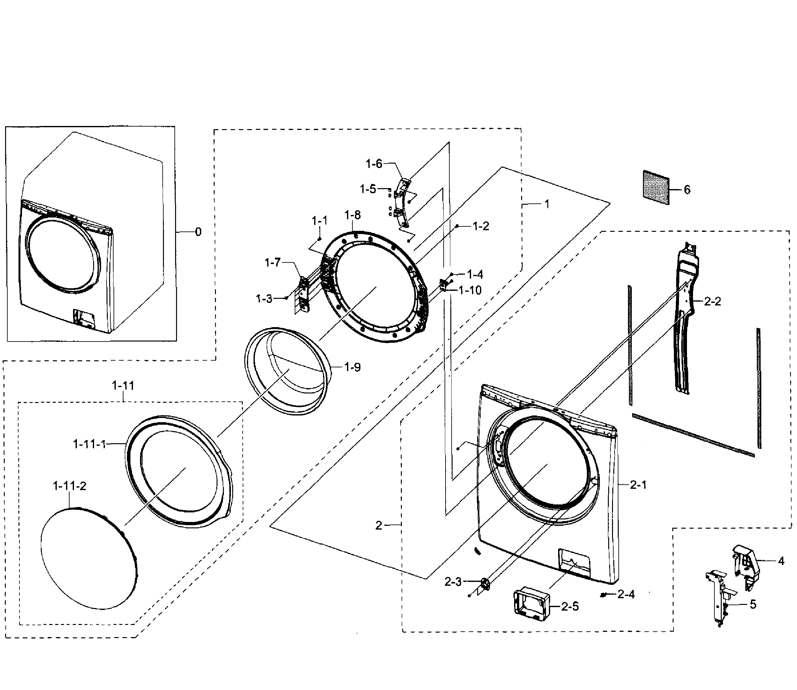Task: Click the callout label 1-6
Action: coord(374,164)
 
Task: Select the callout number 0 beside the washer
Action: coord(198,232)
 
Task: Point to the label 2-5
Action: coord(570,606)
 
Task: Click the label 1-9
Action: coord(352,367)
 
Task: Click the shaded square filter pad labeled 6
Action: coord(656,187)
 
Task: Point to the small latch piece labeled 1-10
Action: coord(443,285)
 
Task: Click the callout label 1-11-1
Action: coord(89,444)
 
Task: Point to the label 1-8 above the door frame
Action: coord(352,215)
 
